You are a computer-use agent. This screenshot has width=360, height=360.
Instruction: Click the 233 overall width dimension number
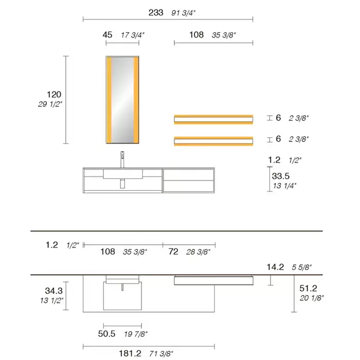(156, 13)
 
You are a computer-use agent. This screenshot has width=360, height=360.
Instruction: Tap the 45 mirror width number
(107, 35)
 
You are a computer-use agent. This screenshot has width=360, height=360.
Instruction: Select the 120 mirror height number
(54, 94)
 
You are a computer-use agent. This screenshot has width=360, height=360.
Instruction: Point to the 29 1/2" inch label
(50, 104)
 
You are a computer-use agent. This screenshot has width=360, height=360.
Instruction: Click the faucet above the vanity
(122, 159)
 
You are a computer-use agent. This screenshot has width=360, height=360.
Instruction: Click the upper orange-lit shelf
(213, 119)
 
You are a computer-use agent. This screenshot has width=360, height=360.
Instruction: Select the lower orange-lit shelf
(213, 141)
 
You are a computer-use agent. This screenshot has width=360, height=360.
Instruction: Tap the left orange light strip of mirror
(109, 100)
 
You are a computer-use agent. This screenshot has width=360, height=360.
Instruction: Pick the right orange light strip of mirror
(136, 100)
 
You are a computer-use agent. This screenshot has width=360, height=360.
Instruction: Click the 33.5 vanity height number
(281, 176)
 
